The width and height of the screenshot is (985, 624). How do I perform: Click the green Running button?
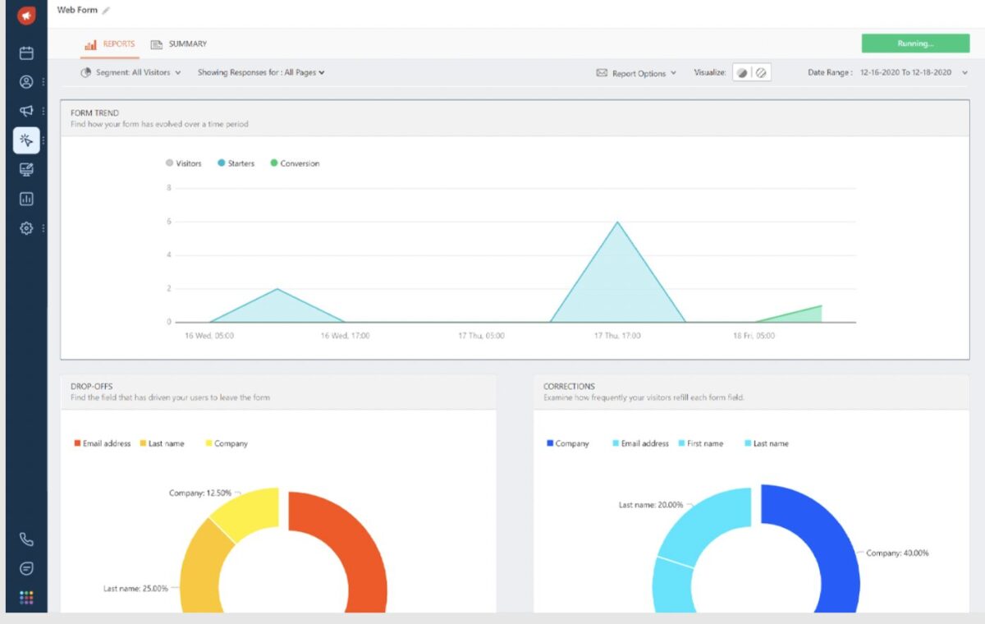pyautogui.click(x=914, y=44)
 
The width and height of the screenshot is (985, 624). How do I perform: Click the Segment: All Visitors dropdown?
pyautogui.click(x=131, y=73)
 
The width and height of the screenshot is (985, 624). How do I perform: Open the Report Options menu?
pyautogui.click(x=637, y=73)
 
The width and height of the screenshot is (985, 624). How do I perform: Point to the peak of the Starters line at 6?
pyautogui.click(x=617, y=222)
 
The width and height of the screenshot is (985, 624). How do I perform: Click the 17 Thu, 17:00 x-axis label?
pyautogui.click(x=617, y=336)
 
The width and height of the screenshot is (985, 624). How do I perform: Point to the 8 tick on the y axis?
pyautogui.click(x=168, y=188)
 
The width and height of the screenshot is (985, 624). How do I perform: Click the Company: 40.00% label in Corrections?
pyautogui.click(x=896, y=553)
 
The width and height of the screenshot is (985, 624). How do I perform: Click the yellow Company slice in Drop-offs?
pyautogui.click(x=246, y=513)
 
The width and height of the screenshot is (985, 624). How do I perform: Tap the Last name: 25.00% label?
pyautogui.click(x=135, y=589)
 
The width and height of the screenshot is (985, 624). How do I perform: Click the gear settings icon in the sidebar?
pyautogui.click(x=26, y=228)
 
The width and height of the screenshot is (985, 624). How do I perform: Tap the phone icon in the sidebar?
pyautogui.click(x=26, y=539)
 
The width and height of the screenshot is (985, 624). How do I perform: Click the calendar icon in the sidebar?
pyautogui.click(x=26, y=53)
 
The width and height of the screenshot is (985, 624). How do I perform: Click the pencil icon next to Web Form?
pyautogui.click(x=106, y=11)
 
